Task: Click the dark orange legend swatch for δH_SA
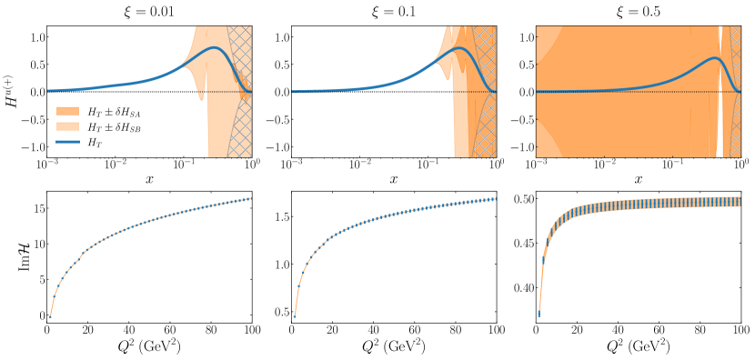tap(68, 111)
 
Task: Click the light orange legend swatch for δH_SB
tap(68, 127)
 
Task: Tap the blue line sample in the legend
tap(68, 143)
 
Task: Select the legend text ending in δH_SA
tap(114, 111)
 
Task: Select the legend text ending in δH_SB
tap(114, 127)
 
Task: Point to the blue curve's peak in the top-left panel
tap(215, 47)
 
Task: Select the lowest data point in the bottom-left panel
tap(50, 316)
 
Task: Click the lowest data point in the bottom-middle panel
tap(295, 315)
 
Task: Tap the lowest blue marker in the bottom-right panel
tap(539, 314)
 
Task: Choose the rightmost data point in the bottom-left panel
tap(249, 198)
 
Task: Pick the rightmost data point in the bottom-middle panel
tap(494, 199)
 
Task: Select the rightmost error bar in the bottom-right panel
tap(740, 202)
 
